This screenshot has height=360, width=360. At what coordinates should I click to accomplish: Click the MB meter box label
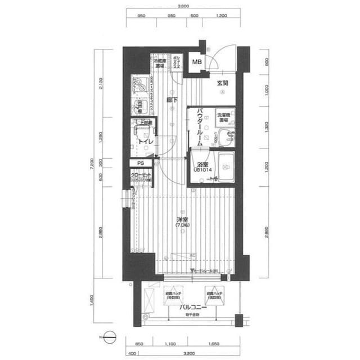coord(198,62)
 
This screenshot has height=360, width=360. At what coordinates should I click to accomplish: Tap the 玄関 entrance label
coord(222,83)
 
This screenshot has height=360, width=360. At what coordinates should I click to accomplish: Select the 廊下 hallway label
coord(172,101)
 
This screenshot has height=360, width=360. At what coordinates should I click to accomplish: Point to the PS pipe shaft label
coord(140,163)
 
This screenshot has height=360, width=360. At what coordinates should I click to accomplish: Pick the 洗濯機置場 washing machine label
coord(223,118)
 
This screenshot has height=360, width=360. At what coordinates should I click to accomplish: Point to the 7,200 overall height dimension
coord(90,165)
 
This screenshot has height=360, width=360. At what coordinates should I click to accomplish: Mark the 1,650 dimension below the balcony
coord(213,343)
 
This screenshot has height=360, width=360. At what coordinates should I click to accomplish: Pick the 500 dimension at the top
coord(194,16)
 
